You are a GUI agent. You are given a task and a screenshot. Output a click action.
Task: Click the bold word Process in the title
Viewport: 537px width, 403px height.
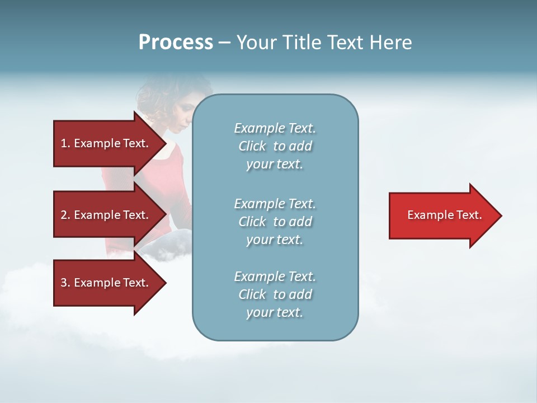click(x=176, y=43)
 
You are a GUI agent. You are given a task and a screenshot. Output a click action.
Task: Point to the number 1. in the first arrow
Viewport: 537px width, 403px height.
click(x=65, y=143)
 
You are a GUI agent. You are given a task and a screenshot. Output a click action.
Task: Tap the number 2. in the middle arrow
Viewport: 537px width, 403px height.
click(x=65, y=215)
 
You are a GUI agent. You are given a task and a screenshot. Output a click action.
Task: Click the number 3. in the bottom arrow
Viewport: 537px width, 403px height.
click(x=65, y=283)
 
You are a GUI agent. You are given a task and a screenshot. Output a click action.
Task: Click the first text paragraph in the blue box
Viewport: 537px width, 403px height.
click(x=275, y=146)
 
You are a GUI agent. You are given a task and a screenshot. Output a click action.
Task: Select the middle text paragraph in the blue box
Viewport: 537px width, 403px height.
click(x=275, y=221)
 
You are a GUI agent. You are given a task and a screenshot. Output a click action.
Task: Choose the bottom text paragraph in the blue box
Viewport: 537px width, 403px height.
click(x=275, y=294)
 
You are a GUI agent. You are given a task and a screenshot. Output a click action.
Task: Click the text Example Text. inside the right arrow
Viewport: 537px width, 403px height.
click(x=445, y=215)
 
